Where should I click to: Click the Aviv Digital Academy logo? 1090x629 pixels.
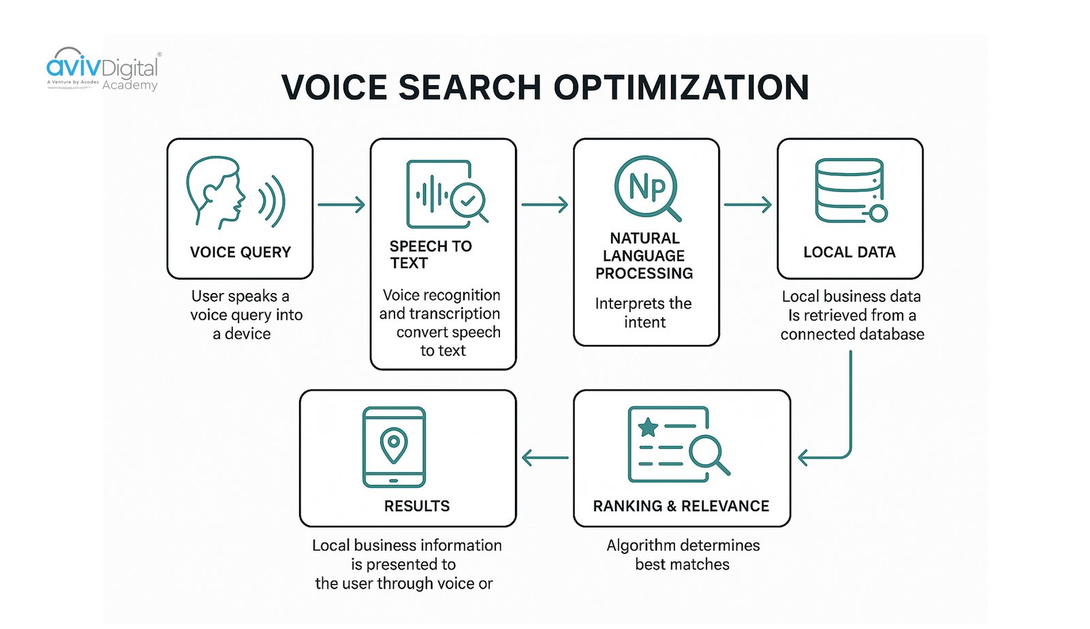[102, 70]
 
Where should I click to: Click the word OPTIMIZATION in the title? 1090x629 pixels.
[681, 88]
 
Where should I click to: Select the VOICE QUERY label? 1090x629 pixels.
[240, 252]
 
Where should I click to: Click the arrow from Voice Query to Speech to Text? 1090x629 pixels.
[341, 204]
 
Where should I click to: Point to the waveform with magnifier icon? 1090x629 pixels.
[446, 195]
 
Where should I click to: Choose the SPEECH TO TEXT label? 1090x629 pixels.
[430, 254]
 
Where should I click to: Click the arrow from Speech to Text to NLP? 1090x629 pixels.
[544, 204]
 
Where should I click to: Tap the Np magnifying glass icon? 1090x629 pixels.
[647, 188]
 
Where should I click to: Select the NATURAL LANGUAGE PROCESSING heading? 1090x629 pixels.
[644, 256]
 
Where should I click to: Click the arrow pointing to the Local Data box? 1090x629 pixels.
[747, 204]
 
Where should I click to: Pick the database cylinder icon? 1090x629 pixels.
[850, 190]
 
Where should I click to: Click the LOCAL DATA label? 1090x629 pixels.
[850, 252]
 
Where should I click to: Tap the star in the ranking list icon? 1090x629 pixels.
[648, 427]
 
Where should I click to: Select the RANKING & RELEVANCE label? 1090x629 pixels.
[681, 506]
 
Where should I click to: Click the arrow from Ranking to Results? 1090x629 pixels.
[545, 457]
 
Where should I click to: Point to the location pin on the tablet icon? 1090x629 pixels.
[394, 445]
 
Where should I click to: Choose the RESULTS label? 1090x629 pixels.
[417, 506]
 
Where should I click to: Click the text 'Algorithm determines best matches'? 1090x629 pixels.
[683, 555]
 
